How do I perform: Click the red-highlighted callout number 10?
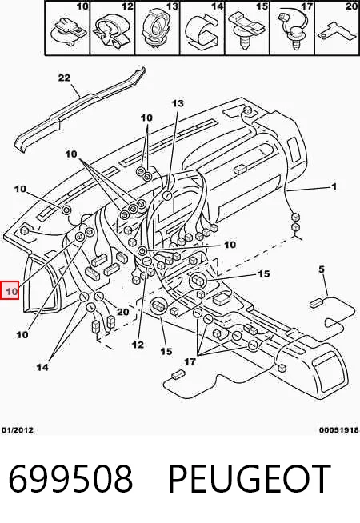11,292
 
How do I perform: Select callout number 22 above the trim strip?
64,78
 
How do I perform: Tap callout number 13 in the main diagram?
178,103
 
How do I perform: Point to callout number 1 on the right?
334,186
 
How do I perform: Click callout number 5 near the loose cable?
322,269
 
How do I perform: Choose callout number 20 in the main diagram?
122,312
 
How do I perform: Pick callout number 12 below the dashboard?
138,345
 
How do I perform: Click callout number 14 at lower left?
42,367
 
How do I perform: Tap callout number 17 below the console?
190,361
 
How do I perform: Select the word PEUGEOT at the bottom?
250,479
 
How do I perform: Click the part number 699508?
70,479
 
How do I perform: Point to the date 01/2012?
18,430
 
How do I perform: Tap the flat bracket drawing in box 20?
335,32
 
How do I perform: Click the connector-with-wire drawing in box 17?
292,30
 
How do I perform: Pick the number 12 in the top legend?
127,6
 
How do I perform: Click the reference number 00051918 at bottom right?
339,430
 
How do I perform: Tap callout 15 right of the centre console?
263,273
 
